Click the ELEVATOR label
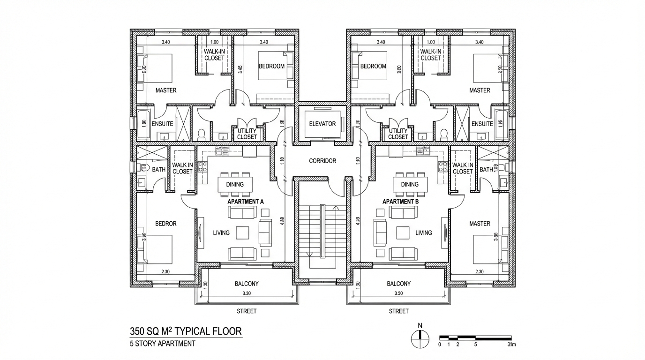pyautogui.click(x=322, y=124)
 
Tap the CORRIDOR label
pyautogui.click(x=322, y=161)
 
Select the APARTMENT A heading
pyautogui.click(x=246, y=202)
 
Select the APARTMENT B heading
pyautogui.click(x=400, y=202)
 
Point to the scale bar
pyautogui.click(x=475, y=337)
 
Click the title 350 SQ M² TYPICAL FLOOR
pyautogui.click(x=186, y=331)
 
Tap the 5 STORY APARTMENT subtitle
pyautogui.click(x=162, y=344)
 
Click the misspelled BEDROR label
pyautogui.click(x=165, y=224)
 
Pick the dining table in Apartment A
pyautogui.click(x=235, y=184)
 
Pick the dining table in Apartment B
pyautogui.click(x=410, y=184)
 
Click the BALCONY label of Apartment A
pyautogui.click(x=247, y=284)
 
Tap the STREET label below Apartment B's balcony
pyautogui.click(x=398, y=311)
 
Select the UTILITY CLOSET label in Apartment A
pyautogui.click(x=247, y=134)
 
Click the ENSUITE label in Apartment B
pyautogui.click(x=482, y=124)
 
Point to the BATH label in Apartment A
pyautogui.click(x=159, y=169)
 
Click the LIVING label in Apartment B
pyautogui.click(x=423, y=232)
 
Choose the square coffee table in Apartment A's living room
pyautogui.click(x=242, y=232)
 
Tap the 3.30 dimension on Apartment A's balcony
pyautogui.click(x=247, y=293)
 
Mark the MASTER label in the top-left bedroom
pyautogui.click(x=165, y=90)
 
